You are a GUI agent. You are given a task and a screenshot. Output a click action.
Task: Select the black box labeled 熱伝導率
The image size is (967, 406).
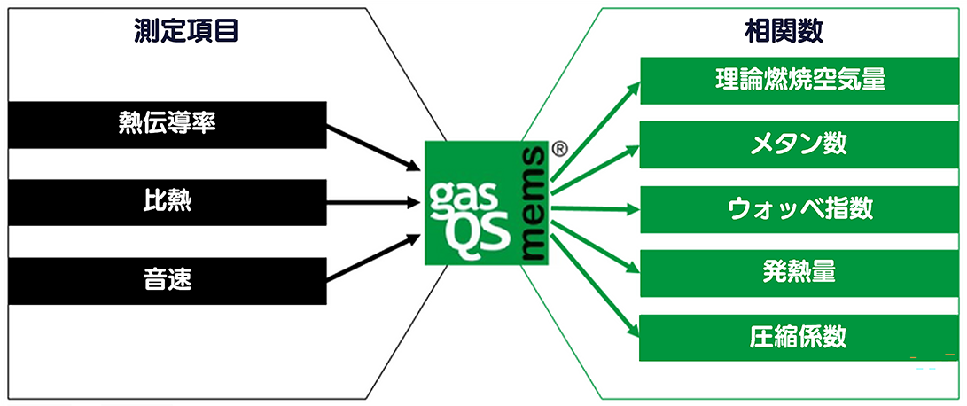(x=167, y=124)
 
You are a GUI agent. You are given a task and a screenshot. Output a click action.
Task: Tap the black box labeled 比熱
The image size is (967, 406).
(x=167, y=202)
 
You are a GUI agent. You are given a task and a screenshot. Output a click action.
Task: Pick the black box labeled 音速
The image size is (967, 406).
(x=167, y=281)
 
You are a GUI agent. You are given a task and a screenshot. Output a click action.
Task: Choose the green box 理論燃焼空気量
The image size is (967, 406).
(x=799, y=80)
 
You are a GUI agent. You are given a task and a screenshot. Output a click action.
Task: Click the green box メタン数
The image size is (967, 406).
(x=799, y=144)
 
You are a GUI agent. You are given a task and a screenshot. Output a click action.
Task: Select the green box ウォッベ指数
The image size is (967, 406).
(x=799, y=209)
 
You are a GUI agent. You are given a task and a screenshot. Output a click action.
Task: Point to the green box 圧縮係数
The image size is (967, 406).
(x=799, y=338)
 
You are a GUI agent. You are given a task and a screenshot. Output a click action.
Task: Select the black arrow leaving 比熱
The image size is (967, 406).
(x=371, y=202)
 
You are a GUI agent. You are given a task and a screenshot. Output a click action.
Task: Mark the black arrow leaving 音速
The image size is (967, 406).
(x=371, y=258)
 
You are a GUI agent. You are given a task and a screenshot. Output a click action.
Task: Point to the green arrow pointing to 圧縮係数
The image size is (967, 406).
(x=596, y=285)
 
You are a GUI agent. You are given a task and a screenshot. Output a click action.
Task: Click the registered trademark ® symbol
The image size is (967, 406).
(x=559, y=150)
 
